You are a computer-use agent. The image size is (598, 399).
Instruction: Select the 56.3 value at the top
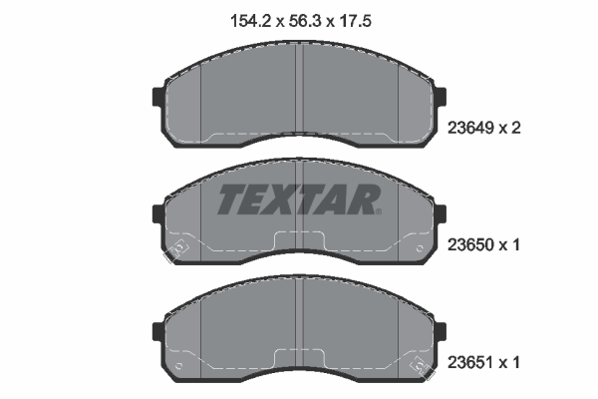point(298,17)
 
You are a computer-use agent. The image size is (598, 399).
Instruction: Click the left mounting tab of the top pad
point(157,101)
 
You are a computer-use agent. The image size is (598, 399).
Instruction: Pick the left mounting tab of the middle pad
point(157,212)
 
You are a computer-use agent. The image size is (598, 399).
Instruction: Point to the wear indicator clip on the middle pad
point(176,245)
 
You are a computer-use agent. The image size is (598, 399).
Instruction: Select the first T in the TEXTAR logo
point(232,199)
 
